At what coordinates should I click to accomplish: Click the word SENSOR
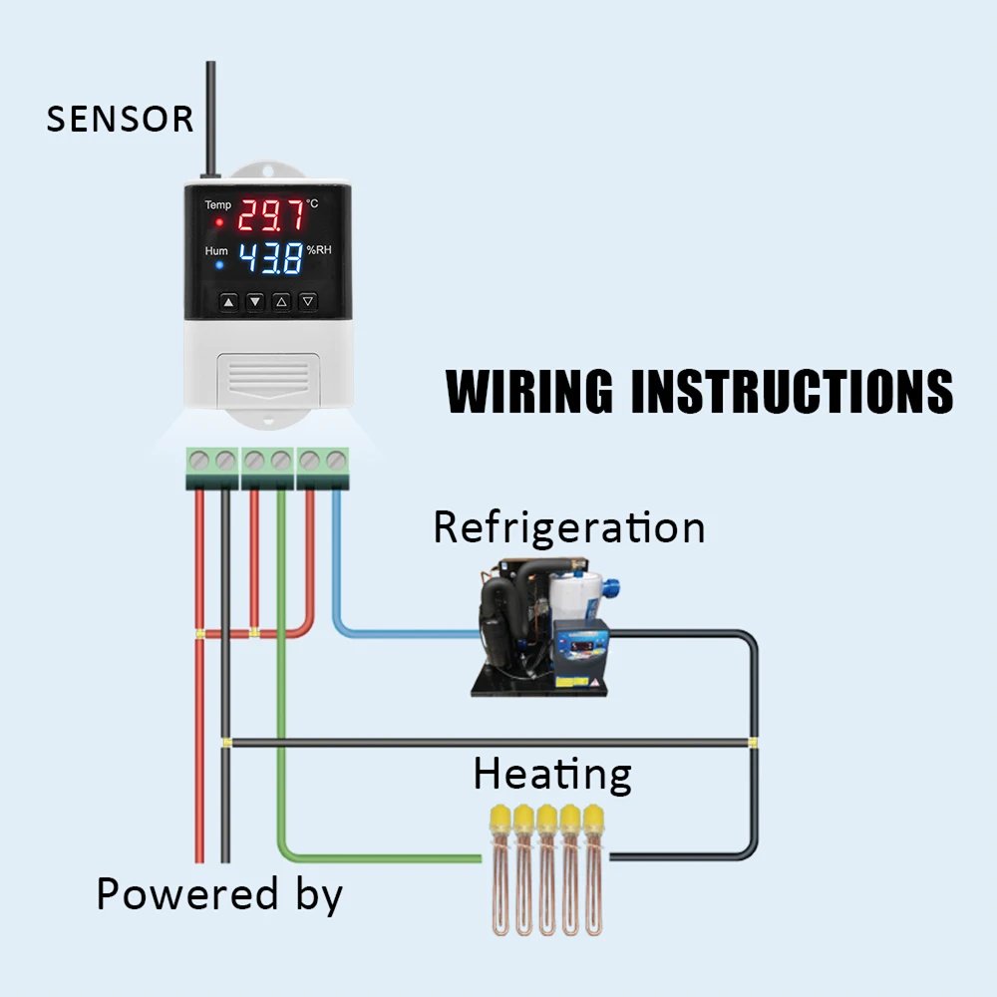point(120,120)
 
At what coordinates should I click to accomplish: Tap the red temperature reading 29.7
point(269,213)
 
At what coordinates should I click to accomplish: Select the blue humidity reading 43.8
point(270,259)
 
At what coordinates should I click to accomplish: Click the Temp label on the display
point(218,205)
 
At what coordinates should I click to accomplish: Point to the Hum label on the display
point(216,251)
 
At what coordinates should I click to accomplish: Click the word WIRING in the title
point(529,391)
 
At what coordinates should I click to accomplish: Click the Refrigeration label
point(568,526)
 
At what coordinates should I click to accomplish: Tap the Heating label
point(552,774)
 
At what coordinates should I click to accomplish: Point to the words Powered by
point(219,894)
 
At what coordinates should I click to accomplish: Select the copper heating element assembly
point(547,867)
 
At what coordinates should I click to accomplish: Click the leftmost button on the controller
point(229,300)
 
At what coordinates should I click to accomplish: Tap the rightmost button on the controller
point(308,300)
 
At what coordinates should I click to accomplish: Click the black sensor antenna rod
point(211,120)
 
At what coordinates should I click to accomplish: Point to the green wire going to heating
point(282,698)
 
